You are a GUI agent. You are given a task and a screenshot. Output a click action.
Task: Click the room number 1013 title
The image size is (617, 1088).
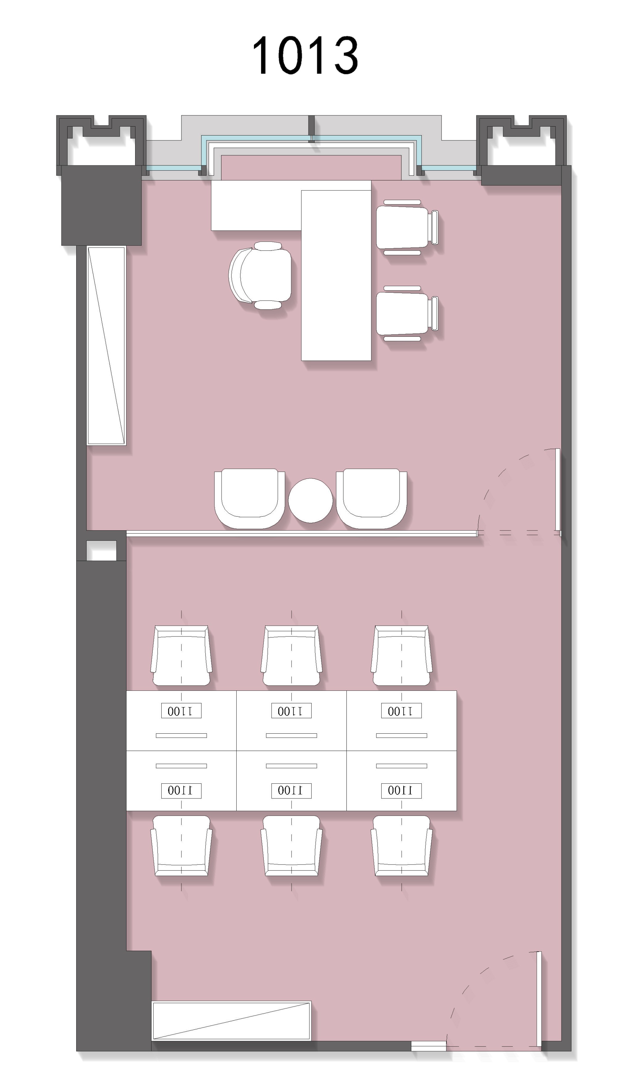coord(305,55)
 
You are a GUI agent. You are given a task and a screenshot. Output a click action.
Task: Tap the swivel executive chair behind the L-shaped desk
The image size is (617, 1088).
coord(260,275)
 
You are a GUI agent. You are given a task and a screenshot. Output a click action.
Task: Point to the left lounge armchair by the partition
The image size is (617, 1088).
coord(250,498)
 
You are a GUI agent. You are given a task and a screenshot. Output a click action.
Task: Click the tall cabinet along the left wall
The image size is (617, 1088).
coord(106,345)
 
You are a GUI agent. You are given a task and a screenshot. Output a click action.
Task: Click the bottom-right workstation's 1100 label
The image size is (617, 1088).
coord(401,790)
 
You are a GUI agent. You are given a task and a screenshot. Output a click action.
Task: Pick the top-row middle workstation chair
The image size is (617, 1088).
coord(292,655)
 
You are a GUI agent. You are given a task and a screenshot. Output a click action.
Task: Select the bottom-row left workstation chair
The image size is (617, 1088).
coord(181,846)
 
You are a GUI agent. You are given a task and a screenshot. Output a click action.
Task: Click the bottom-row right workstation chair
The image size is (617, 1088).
coord(401,846)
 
